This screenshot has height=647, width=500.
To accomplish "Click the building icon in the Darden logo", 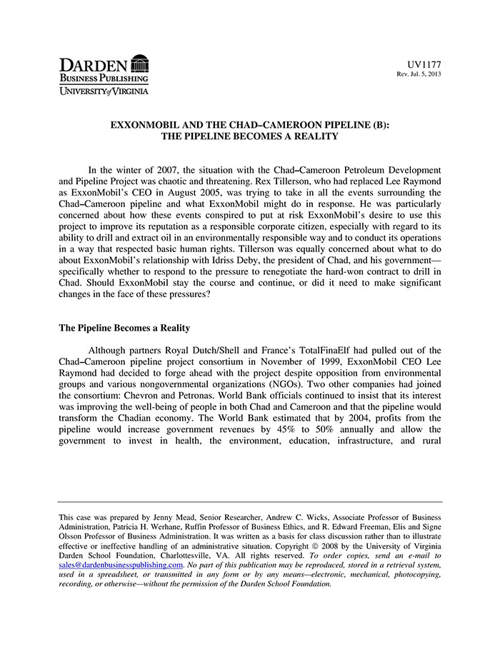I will point(140,63).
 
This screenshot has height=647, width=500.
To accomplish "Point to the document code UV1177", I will point(424,65).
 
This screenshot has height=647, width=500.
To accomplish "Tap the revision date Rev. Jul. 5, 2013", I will point(419,74).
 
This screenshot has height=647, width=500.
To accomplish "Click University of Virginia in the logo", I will point(104,91).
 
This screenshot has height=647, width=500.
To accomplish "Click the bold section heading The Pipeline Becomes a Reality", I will point(124,328).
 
